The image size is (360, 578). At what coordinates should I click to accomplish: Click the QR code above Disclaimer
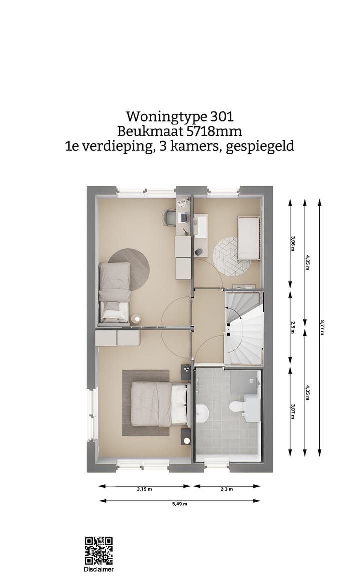[x=99, y=551]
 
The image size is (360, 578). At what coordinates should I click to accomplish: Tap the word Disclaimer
[x=99, y=569]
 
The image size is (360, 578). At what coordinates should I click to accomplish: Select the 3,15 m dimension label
[x=145, y=489]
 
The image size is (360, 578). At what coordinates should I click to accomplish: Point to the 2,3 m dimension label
[x=227, y=489]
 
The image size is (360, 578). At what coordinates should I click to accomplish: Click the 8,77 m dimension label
[x=322, y=328]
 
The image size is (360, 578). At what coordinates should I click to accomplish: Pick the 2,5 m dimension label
[x=292, y=328]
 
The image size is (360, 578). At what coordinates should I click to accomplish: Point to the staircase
[x=243, y=327]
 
